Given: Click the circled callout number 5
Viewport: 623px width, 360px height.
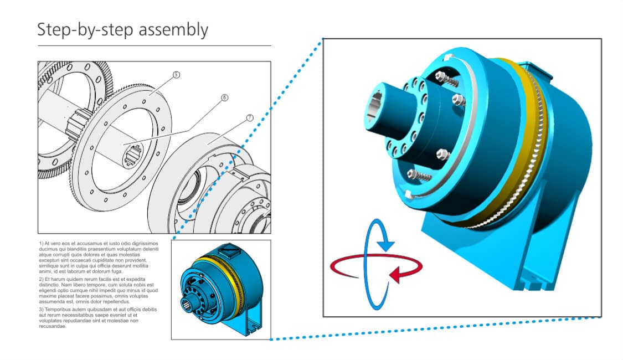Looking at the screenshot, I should pos(176,74).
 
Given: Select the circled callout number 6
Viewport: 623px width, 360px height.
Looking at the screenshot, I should pos(224,97).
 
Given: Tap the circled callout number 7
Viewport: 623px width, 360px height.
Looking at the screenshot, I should pos(249,118).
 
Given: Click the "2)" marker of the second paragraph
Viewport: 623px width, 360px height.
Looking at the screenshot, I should pos(42,280).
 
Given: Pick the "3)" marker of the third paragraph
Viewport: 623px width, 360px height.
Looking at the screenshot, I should pos(42,309).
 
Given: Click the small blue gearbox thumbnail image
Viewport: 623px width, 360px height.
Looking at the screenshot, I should pos(220,289).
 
